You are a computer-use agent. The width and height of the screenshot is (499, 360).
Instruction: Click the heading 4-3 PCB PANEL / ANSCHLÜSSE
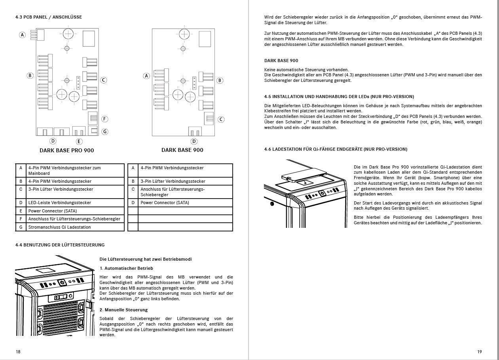[x=49, y=17]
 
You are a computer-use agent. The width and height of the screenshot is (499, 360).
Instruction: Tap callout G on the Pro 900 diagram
[x=105, y=132]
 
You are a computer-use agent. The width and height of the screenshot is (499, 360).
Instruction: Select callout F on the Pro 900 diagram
[x=105, y=119]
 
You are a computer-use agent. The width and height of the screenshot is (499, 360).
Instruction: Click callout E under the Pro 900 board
[x=79, y=141]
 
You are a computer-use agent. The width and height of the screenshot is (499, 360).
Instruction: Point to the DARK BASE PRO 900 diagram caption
[x=67, y=150]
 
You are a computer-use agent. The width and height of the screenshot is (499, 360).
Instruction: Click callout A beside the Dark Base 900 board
[x=146, y=76]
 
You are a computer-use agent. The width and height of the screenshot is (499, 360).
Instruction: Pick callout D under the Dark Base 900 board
[x=194, y=141]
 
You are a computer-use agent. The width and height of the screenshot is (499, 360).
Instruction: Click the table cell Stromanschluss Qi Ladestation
[x=60, y=227]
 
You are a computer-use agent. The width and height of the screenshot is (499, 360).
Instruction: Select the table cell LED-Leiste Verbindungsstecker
[x=60, y=203]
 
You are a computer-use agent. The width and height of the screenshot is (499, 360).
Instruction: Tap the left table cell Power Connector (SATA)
[x=53, y=211]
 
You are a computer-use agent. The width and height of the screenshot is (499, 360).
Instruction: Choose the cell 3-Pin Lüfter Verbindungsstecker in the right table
[x=173, y=181]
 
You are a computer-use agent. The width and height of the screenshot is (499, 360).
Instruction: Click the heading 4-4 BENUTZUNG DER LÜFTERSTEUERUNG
[x=60, y=245]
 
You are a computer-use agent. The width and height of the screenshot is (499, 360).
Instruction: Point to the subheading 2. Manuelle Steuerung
[x=123, y=310]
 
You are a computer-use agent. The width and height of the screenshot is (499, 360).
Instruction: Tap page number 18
[x=18, y=352]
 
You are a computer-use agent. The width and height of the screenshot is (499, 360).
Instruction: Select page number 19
[x=480, y=352]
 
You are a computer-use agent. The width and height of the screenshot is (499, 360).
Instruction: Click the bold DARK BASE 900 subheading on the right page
[x=281, y=61]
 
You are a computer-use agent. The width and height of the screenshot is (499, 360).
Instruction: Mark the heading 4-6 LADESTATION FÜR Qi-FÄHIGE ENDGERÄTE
[x=336, y=149]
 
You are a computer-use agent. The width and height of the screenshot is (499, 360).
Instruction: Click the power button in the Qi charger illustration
[x=321, y=193]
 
